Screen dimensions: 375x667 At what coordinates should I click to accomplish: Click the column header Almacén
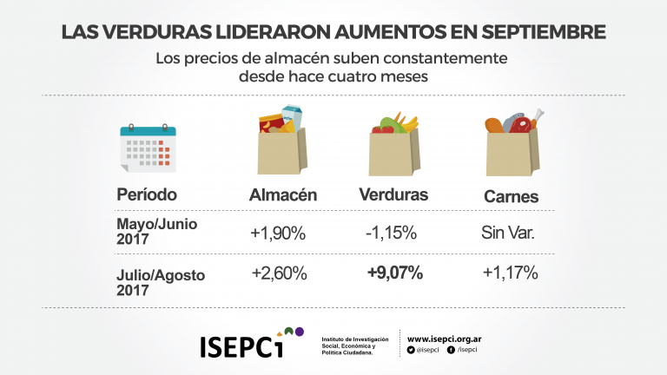(x=282, y=195)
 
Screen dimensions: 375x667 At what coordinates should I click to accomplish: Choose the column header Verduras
(x=393, y=194)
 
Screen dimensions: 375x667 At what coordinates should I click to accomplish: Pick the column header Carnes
(x=511, y=197)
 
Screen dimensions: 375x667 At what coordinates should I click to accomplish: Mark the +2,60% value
(x=280, y=273)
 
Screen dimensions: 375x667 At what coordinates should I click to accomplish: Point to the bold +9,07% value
(x=394, y=273)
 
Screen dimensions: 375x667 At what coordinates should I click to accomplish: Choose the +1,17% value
(x=510, y=273)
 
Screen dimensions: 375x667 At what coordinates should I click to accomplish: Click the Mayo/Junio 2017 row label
(x=157, y=230)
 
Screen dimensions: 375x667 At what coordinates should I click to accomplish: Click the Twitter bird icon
(x=411, y=350)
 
